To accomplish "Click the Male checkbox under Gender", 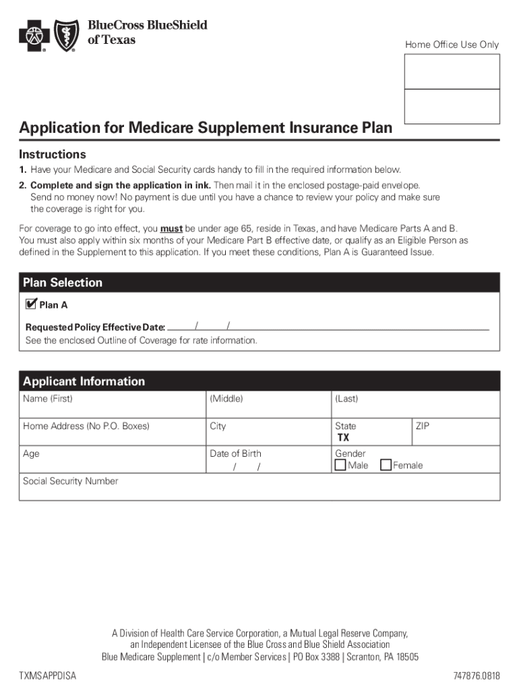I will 340,465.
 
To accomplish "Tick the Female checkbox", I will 386,465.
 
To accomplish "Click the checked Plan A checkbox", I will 30,304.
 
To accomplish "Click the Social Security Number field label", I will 70,481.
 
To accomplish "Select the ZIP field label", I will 423,426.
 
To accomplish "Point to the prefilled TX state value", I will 343,438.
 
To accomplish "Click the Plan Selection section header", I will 63,283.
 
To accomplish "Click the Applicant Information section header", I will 84,381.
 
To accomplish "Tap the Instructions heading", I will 53,155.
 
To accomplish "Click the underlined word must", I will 171,229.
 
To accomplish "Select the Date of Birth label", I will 235,453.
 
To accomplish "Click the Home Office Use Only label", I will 452,45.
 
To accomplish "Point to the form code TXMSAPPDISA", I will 47,676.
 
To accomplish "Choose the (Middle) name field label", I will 226,399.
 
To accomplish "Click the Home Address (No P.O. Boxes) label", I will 86,426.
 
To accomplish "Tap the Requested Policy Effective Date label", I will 95,327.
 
